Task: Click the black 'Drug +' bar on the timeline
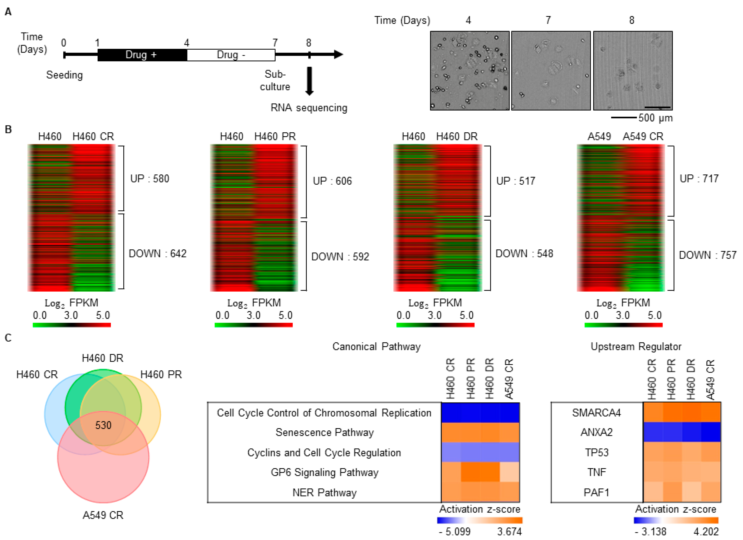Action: [x=142, y=55]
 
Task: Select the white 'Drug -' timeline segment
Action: [x=231, y=55]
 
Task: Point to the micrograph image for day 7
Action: [x=551, y=71]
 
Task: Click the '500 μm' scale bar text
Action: [x=655, y=118]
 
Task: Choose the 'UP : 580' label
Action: [x=150, y=179]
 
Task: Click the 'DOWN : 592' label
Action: [x=340, y=257]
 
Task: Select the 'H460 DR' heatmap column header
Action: [x=457, y=136]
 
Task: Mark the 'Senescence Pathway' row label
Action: [x=324, y=432]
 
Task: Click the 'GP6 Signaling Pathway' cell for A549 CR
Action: [x=509, y=472]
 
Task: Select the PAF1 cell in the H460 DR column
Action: [x=691, y=492]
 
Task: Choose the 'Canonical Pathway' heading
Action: [x=376, y=346]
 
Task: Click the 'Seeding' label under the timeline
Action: [x=64, y=75]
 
